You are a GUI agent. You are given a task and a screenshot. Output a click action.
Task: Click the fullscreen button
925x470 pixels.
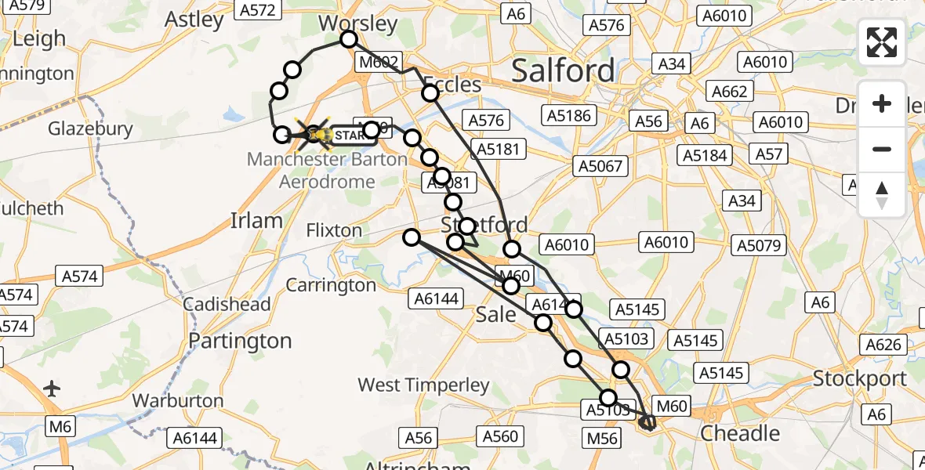[x=882, y=42]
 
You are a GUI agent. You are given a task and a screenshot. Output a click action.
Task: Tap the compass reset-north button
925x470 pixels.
[x=882, y=195]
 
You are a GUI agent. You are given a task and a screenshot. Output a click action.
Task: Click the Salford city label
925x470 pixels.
[x=564, y=71]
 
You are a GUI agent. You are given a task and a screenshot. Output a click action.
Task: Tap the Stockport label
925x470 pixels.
[x=860, y=379]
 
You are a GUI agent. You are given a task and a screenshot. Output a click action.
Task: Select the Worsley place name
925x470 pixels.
[x=358, y=23]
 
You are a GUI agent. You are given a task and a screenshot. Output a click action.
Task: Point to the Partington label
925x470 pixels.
[x=240, y=342]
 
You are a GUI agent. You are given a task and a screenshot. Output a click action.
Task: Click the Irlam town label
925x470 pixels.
[x=256, y=221]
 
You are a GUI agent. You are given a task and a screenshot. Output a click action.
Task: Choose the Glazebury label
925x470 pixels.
[x=90, y=128]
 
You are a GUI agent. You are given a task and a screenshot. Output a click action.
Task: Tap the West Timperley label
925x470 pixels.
[x=423, y=385]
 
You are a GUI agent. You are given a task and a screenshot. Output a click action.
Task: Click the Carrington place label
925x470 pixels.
[x=331, y=286]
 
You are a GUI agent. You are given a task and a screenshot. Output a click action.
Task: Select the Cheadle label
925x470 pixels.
[x=739, y=433]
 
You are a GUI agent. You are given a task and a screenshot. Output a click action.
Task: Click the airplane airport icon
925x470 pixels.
[x=53, y=389]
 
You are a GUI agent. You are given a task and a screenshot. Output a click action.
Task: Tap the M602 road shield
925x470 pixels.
[x=379, y=62]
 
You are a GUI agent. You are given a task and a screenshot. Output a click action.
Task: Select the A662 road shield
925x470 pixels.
[x=729, y=92]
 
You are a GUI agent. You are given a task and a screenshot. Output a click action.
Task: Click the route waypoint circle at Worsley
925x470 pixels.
[x=349, y=40]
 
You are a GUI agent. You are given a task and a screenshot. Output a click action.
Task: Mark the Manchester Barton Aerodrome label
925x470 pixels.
[x=327, y=169]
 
